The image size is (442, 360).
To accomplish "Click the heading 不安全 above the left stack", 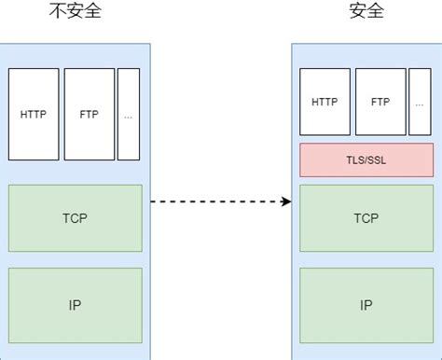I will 76,13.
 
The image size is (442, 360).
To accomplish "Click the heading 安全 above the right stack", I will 366,13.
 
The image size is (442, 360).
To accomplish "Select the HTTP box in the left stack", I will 33,115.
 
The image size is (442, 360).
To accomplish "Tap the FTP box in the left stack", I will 90,115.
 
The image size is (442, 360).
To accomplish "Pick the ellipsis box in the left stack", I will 128,115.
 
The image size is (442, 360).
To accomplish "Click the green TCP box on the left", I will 76,218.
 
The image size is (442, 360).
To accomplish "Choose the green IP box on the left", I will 76,305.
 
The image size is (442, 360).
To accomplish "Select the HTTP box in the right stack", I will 324,102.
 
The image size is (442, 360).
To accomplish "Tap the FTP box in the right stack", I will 380,102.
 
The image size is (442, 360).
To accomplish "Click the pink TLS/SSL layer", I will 366,159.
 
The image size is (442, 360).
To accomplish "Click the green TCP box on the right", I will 366,218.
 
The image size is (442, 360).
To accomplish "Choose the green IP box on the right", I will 366,305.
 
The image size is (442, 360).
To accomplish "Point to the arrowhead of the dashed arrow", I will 286,201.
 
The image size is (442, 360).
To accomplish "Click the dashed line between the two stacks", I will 214,201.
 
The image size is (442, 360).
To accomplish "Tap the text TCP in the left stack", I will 76,218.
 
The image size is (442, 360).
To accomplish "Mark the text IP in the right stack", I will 366,305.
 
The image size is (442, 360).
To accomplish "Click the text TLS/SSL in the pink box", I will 366,159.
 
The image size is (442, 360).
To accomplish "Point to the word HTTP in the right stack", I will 324,102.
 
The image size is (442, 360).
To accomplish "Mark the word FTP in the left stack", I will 90,115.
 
